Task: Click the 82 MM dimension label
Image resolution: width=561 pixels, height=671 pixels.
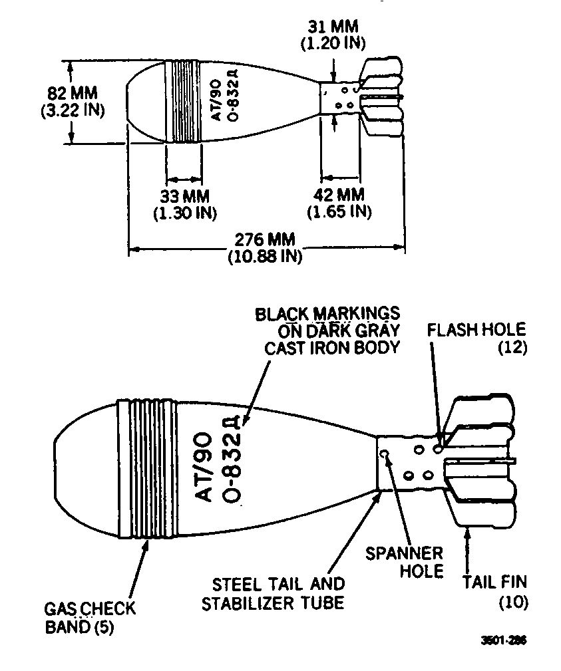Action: (x=73, y=93)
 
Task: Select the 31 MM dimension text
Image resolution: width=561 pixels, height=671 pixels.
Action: (x=333, y=27)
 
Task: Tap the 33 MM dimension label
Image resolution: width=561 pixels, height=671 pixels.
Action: (x=185, y=196)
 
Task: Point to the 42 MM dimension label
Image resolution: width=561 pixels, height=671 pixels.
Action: (x=339, y=195)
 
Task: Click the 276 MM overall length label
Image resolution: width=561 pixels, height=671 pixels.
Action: (x=265, y=239)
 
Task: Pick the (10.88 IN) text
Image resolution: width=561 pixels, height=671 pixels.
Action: (x=265, y=256)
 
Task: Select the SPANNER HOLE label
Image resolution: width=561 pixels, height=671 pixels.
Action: (x=404, y=563)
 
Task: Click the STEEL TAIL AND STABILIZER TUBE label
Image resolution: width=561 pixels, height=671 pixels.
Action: (x=274, y=594)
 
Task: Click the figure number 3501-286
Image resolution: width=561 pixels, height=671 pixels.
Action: (x=504, y=640)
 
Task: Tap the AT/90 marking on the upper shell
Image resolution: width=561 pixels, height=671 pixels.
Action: (x=217, y=100)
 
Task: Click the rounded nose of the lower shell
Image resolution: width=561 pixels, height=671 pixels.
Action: (x=56, y=469)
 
